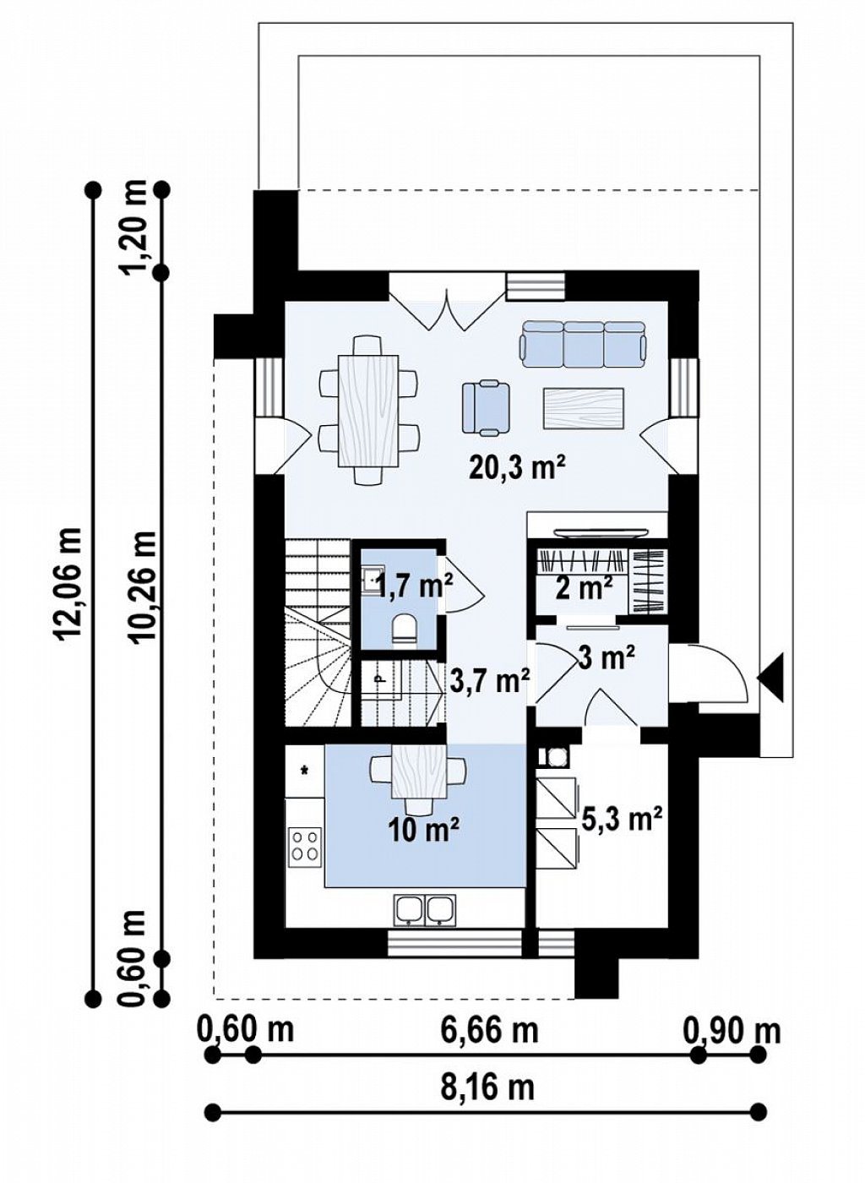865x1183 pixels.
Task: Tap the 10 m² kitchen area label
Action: (x=424, y=831)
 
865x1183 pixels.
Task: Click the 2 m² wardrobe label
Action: (x=583, y=587)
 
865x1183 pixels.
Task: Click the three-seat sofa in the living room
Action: (x=584, y=344)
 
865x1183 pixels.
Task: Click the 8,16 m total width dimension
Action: (x=488, y=1127)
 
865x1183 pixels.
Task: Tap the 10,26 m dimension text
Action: (x=143, y=586)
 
